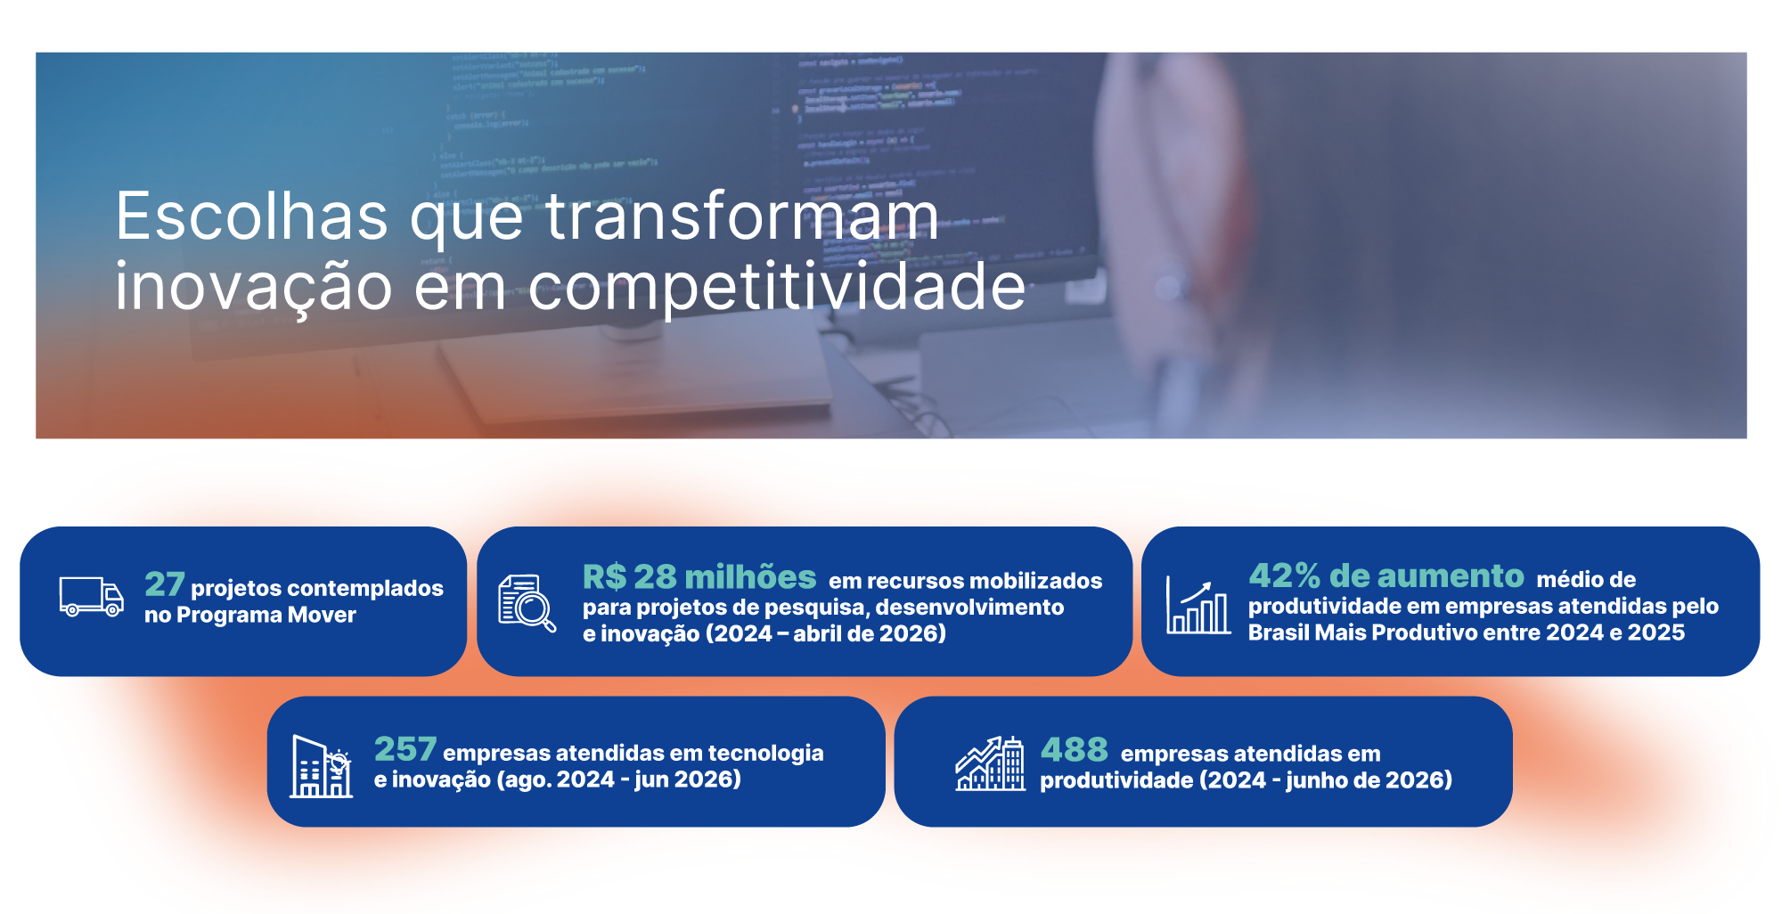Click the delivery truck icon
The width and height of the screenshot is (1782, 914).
pos(91,596)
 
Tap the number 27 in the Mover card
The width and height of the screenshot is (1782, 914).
pos(164,584)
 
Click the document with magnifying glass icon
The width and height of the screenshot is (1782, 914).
pos(527,603)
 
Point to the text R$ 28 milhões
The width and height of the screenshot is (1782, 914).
pos(699,577)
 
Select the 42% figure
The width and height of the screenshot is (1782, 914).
pos(1284,576)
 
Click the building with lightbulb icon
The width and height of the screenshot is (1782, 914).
pos(322,766)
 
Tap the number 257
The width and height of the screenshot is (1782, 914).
pos(405,749)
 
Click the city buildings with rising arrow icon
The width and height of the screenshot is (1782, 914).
pos(990,763)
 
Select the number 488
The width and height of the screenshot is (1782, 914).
pos(1075,749)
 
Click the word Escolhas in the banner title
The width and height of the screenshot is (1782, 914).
pos(252,216)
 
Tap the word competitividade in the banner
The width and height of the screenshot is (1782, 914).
pos(777,286)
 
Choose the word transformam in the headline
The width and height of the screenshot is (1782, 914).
pos(742,216)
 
